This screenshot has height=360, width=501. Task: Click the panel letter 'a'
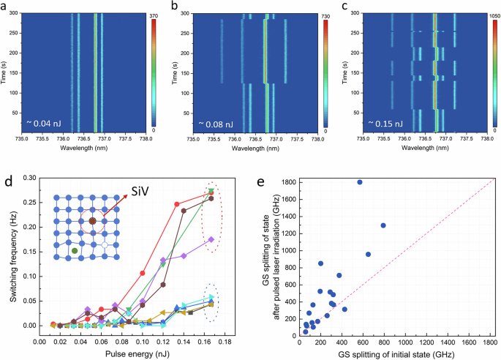click(x=5, y=7)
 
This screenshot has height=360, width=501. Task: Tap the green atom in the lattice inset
click(x=75, y=251)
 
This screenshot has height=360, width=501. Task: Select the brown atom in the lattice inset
click(x=93, y=220)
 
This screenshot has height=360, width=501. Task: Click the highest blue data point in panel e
click(x=360, y=182)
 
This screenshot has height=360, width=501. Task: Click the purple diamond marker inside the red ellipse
click(x=211, y=239)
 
